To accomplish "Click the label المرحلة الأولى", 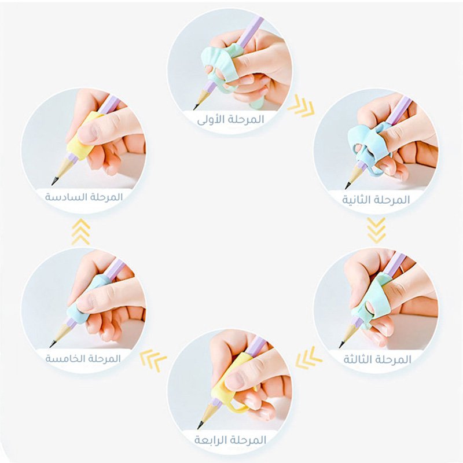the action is click(x=231, y=120).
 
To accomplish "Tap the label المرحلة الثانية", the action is click(x=376, y=200).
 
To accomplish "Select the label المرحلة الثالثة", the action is click(x=377, y=359).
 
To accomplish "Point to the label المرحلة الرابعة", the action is click(x=230, y=440).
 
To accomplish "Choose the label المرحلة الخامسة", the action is click(x=83, y=358).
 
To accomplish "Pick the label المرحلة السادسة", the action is click(x=84, y=197).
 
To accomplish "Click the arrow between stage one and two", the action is click(x=301, y=106).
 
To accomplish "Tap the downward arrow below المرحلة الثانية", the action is click(x=377, y=230).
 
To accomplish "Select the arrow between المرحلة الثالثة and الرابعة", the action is click(x=308, y=358).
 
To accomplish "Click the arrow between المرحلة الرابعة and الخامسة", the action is click(x=153, y=359).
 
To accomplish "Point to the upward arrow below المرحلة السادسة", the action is click(x=80, y=232).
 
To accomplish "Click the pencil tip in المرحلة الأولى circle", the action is click(x=196, y=108).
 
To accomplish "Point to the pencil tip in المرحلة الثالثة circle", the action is click(x=341, y=344).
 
